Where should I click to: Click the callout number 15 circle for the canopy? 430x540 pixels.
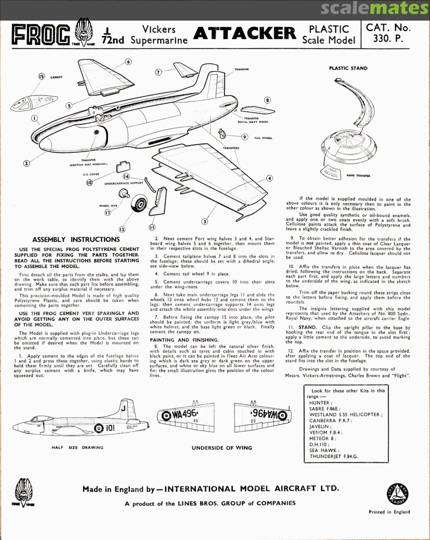(x=41, y=76)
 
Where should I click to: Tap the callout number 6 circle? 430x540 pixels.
(x=128, y=62)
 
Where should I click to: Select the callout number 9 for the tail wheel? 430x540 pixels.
(x=245, y=137)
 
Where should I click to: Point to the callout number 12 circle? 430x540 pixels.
(x=121, y=229)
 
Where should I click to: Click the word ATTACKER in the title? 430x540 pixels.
(x=244, y=33)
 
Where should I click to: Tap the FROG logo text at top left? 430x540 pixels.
(x=41, y=34)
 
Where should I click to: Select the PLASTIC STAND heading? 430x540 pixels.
(x=348, y=68)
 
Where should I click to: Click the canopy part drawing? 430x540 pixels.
(x=34, y=102)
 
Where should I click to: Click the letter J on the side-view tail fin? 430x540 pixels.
(x=123, y=408)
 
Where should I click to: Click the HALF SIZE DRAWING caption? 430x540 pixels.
(x=77, y=447)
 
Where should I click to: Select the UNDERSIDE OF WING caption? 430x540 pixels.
(x=222, y=447)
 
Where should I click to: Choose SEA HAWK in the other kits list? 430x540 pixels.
(x=323, y=449)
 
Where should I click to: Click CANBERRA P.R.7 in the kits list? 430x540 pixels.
(x=330, y=420)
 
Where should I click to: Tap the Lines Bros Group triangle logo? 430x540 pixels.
(x=398, y=493)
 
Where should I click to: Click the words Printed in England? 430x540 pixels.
(x=389, y=511)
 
